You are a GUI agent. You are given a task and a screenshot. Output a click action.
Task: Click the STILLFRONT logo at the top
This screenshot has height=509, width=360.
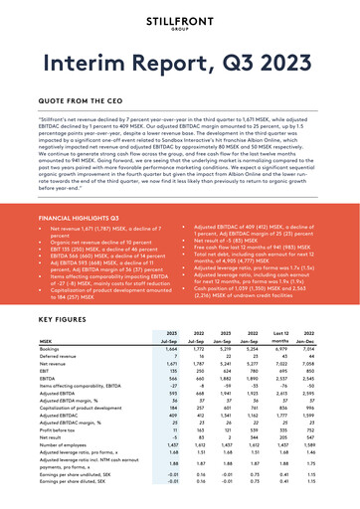point(180,22)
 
